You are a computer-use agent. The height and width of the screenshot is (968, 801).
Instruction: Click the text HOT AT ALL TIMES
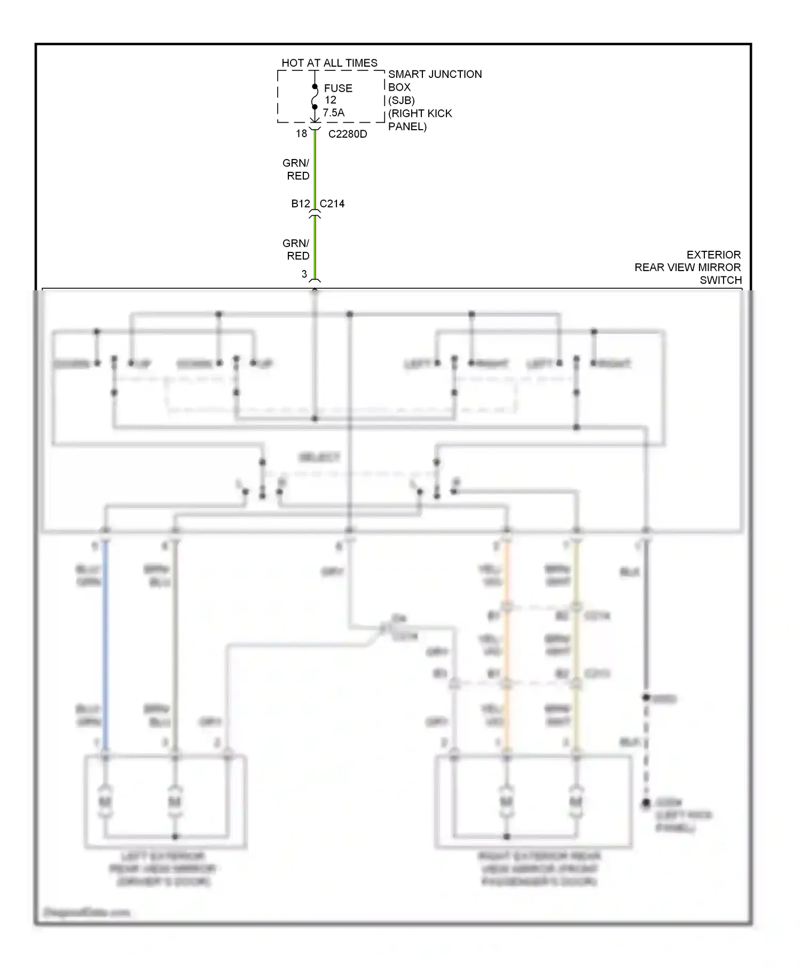click(x=329, y=63)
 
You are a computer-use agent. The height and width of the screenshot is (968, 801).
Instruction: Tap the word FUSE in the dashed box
click(x=338, y=88)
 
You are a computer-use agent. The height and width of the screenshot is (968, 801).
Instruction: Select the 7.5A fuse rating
click(x=334, y=113)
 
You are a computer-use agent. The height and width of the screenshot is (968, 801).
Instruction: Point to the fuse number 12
click(x=331, y=100)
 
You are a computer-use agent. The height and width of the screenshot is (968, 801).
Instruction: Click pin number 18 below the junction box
click(x=302, y=133)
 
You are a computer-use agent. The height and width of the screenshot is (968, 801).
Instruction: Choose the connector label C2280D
click(x=348, y=134)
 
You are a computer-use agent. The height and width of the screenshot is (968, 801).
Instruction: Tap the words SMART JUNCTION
click(x=435, y=74)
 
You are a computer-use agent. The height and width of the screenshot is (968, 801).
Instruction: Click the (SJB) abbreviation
click(x=401, y=100)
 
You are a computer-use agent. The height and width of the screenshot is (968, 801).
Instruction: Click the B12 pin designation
click(x=301, y=203)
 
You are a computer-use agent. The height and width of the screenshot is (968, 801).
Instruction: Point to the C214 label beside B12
click(x=332, y=203)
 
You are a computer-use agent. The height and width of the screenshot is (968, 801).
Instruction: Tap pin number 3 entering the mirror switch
click(x=304, y=274)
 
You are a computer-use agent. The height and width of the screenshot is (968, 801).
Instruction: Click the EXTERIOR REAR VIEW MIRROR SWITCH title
click(x=689, y=267)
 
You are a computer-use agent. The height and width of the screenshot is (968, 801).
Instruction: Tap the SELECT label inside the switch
click(x=319, y=457)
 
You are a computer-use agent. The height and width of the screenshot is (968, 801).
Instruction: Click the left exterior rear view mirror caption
click(x=163, y=869)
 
